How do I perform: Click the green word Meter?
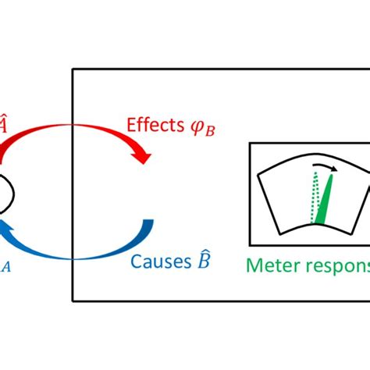(269, 265)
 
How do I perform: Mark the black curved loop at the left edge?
(6, 192)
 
